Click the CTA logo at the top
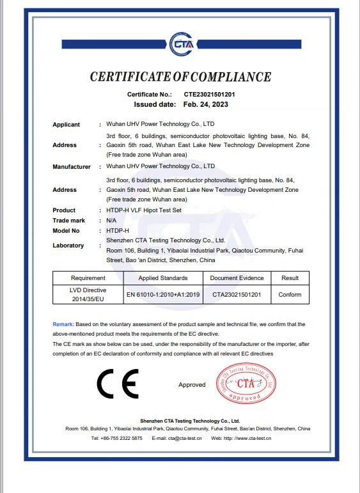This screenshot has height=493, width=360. [180, 43]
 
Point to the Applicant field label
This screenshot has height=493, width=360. [66, 125]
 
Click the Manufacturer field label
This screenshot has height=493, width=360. [72, 167]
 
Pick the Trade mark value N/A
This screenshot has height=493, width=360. [111, 220]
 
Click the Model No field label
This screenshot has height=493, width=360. [66, 230]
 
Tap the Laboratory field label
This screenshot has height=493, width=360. [68, 246]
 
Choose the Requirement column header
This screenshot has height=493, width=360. [88, 278]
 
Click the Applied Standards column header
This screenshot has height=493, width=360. [163, 278]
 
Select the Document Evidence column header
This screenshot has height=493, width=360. [237, 278]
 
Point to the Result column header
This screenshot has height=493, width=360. [290, 278]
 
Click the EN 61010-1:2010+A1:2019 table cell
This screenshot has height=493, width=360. [163, 295]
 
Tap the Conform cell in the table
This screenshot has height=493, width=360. [290, 295]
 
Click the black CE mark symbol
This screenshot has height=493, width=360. [117, 384]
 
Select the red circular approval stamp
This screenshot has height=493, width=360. [246, 384]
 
